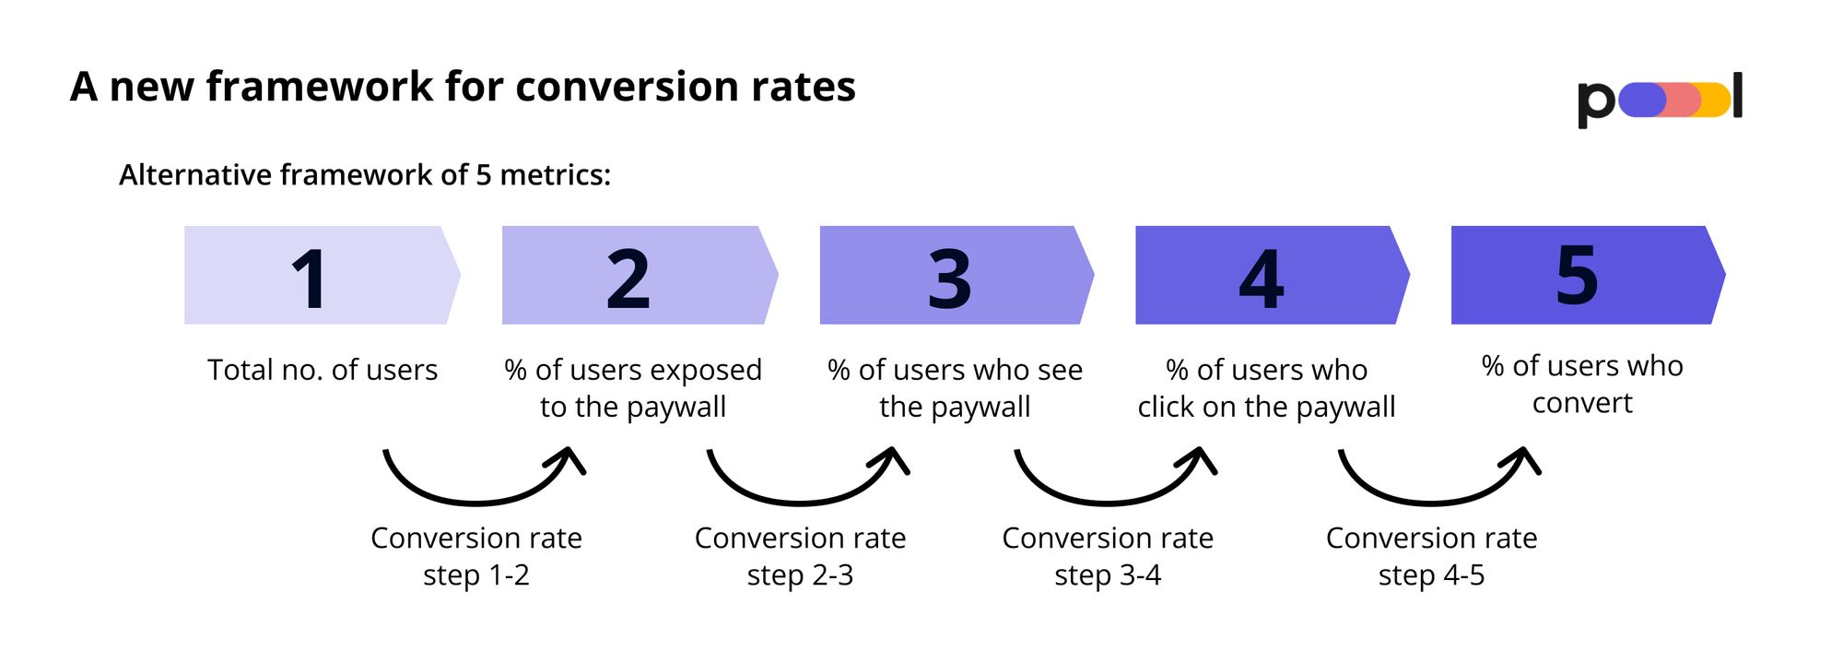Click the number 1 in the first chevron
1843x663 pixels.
(310, 278)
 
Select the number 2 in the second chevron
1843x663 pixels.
(628, 278)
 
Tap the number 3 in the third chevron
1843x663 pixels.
(949, 278)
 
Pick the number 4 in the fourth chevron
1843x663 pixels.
(1262, 278)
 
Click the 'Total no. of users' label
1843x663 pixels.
(323, 370)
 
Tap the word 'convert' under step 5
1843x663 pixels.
(1582, 403)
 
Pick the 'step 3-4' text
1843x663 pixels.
(1108, 575)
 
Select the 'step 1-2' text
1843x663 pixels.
(476, 575)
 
